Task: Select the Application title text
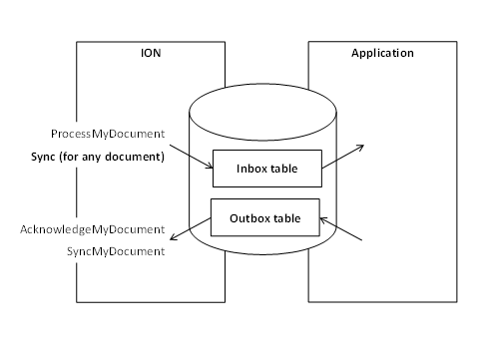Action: pyautogui.click(x=382, y=53)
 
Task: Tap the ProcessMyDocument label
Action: pyautogui.click(x=107, y=134)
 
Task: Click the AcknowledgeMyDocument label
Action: pyautogui.click(x=92, y=229)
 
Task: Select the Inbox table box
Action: pyautogui.click(x=266, y=169)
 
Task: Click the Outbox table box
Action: pyautogui.click(x=264, y=216)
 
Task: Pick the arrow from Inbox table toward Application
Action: pyautogui.click(x=344, y=156)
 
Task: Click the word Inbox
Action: pyautogui.click(x=250, y=169)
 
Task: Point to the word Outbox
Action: pyautogui.click(x=247, y=216)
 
